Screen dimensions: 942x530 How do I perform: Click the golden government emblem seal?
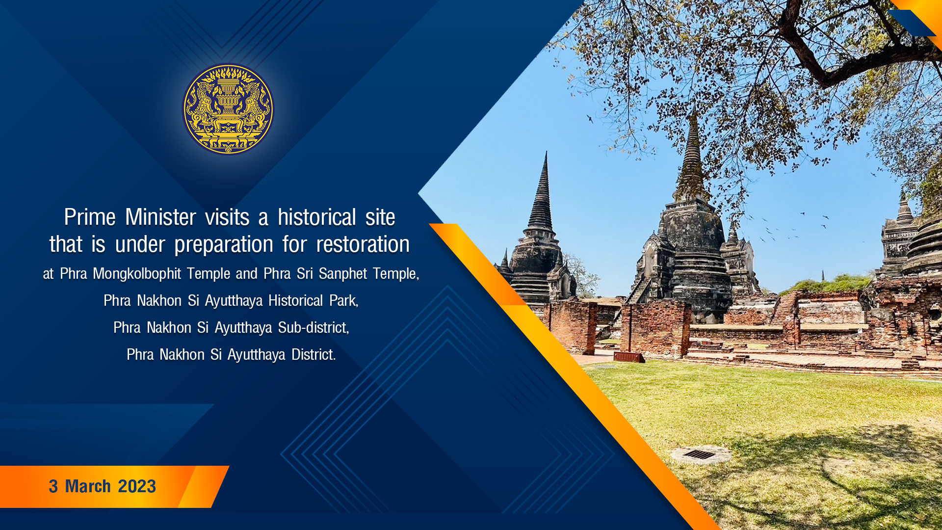coord(228,109)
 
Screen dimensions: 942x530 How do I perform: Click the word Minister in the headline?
coord(160,217)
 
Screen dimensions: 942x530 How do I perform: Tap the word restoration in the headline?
coord(363,244)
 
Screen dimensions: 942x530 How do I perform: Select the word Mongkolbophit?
coord(137,274)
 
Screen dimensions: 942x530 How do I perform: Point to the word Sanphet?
coord(343,273)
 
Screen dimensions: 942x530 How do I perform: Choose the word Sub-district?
coord(314,327)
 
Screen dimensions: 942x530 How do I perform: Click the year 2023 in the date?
coord(137,486)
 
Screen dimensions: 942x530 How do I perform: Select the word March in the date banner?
coord(88,486)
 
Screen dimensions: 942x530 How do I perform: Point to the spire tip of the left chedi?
coord(546,153)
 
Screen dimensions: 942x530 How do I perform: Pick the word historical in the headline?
coord(316,217)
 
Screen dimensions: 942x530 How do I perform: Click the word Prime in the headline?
coord(90,217)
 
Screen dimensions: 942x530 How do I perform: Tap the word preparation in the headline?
coord(224,244)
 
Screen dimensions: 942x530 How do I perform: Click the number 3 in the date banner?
coord(53,486)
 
